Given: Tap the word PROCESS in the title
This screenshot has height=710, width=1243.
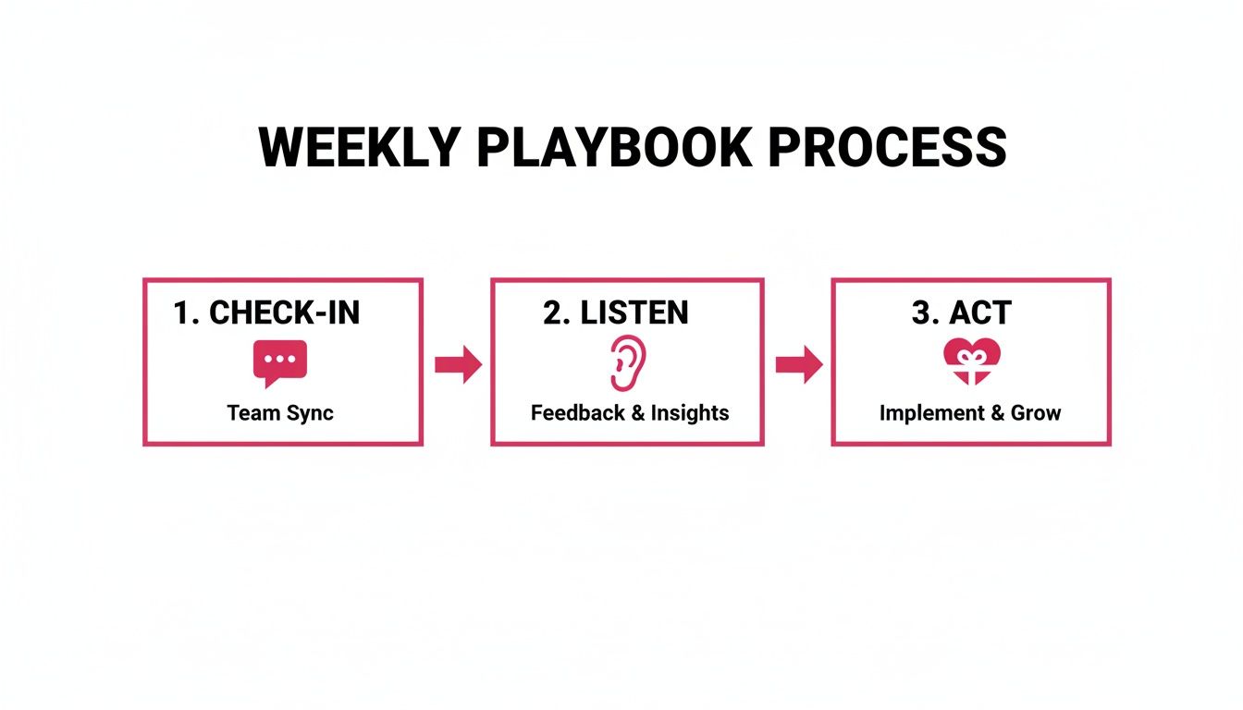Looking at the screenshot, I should pyautogui.click(x=887, y=147).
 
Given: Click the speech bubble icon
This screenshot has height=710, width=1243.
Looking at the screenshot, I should pyautogui.click(x=280, y=362).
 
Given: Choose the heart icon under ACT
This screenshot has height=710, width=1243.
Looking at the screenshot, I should pyautogui.click(x=971, y=361).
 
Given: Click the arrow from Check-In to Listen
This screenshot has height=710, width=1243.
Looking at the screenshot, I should pyautogui.click(x=458, y=365).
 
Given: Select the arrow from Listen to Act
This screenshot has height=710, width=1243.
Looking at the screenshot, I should pyautogui.click(x=799, y=365).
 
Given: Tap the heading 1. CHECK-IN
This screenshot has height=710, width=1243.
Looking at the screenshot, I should pyautogui.click(x=266, y=313).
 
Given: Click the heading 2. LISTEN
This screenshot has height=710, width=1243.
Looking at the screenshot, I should pyautogui.click(x=615, y=313).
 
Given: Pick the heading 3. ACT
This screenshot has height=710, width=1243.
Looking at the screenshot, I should pyautogui.click(x=961, y=313).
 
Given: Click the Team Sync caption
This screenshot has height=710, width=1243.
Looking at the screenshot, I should pyautogui.click(x=280, y=412).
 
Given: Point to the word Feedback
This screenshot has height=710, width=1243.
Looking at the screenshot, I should pyautogui.click(x=577, y=412).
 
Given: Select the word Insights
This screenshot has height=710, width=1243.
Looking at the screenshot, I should pyautogui.click(x=690, y=412).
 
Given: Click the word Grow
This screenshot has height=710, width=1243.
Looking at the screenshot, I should pyautogui.click(x=1036, y=412).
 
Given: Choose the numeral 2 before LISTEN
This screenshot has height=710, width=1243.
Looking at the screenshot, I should pyautogui.click(x=554, y=313).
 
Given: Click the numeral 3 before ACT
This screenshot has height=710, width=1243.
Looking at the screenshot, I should pyautogui.click(x=922, y=313).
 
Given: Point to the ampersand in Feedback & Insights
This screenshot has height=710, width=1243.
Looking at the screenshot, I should pyautogui.click(x=638, y=412).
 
